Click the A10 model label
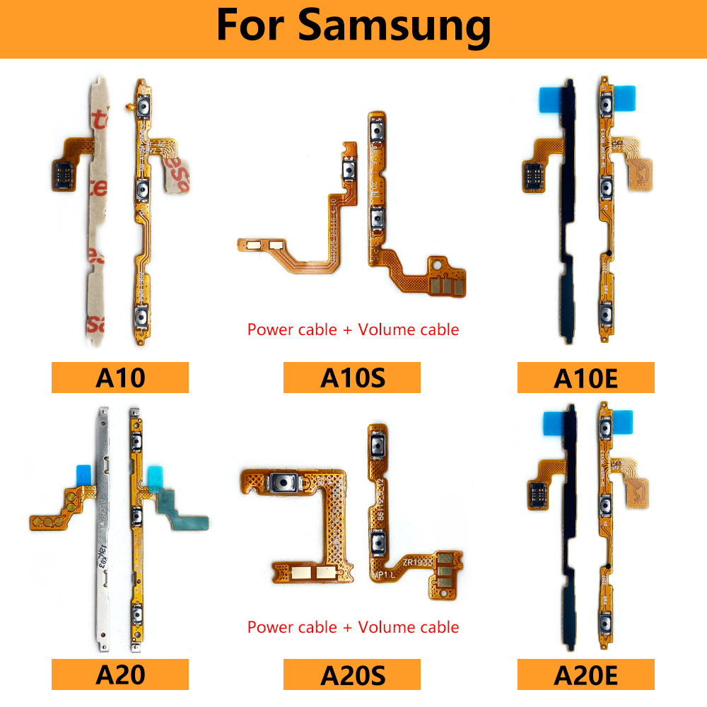tap(119, 378)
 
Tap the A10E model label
tap(585, 378)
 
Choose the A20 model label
tap(119, 674)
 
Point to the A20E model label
tap(585, 674)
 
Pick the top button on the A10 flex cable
tap(144, 108)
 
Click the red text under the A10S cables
tap(353, 329)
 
